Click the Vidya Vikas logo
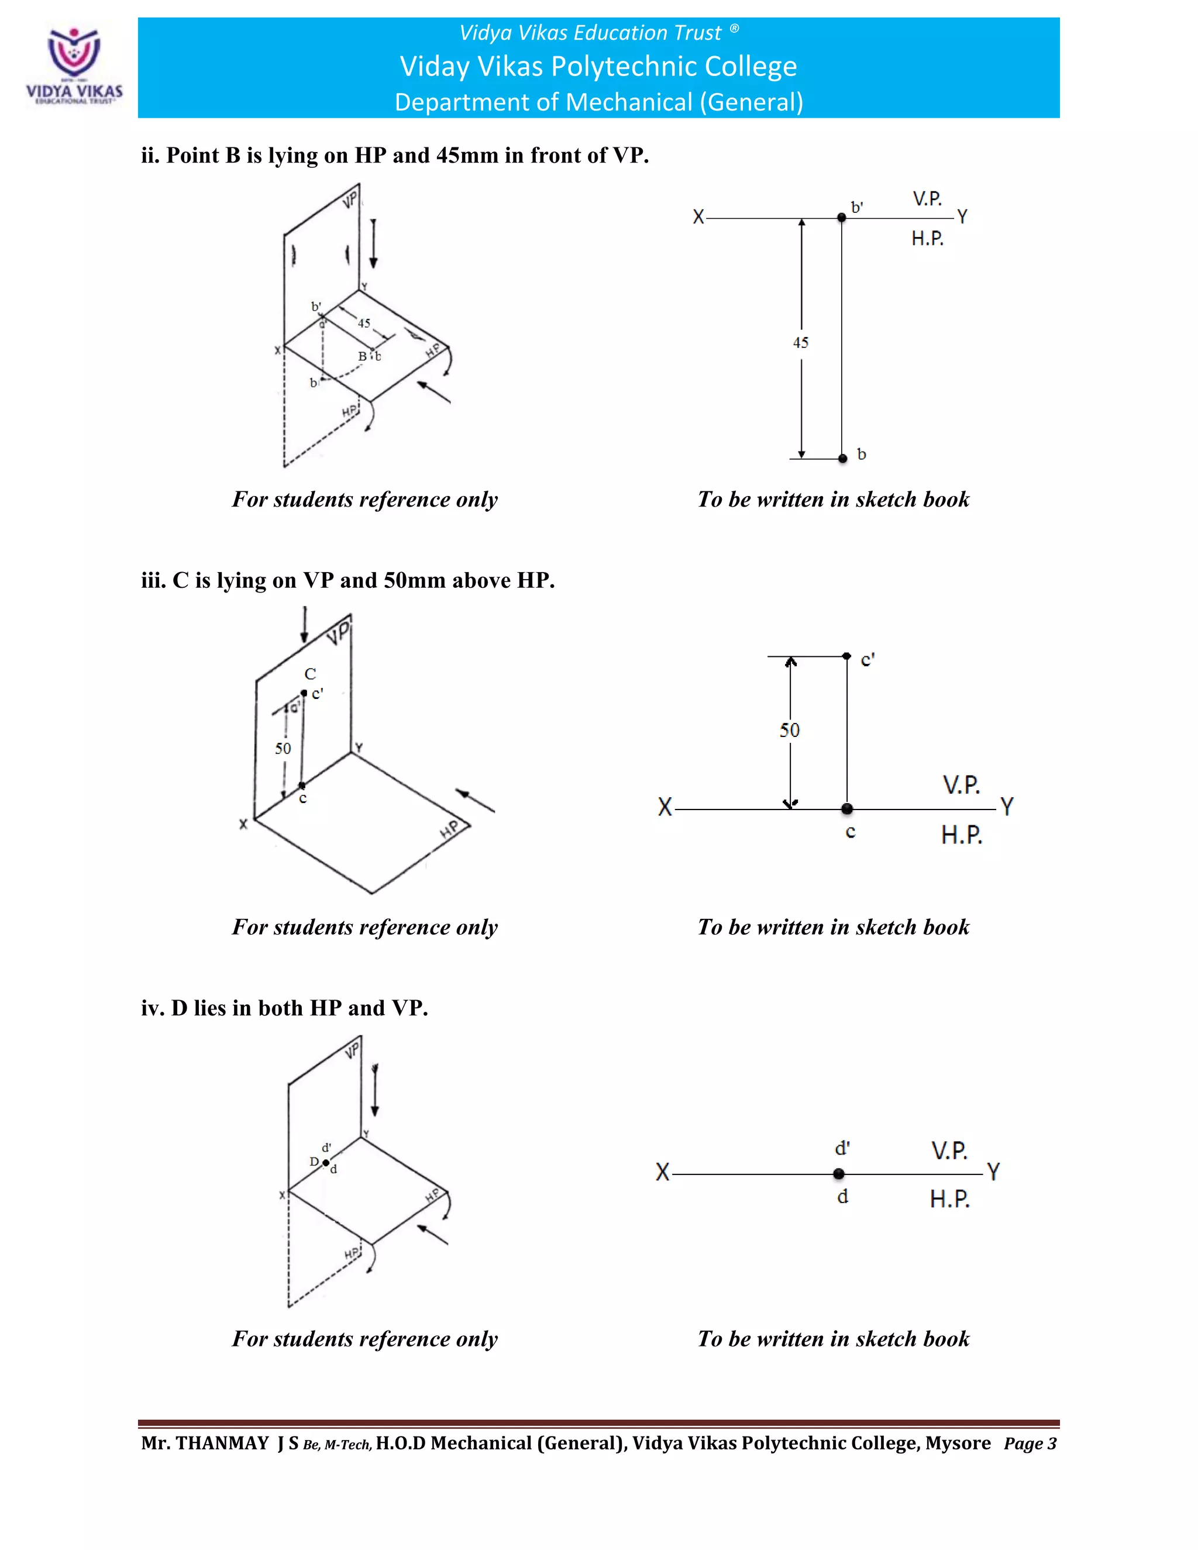click(74, 66)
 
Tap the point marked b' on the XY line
click(841, 218)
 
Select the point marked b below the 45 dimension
click(842, 459)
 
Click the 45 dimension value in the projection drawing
click(801, 343)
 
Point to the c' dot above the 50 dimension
click(846, 656)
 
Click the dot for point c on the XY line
click(846, 808)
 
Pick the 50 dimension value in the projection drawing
click(789, 731)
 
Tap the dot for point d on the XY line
click(839, 1174)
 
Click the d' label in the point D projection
click(842, 1148)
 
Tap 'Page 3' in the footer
click(1030, 1444)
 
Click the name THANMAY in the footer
click(222, 1443)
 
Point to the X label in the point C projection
click(665, 807)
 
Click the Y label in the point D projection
click(993, 1172)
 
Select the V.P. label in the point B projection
click(927, 199)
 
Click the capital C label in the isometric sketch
click(310, 673)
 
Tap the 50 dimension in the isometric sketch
click(283, 748)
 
